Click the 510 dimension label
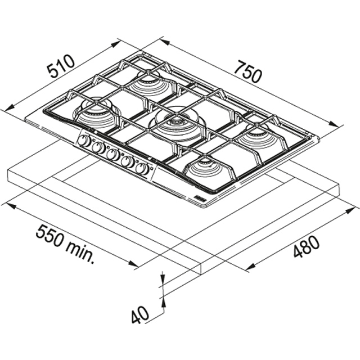pyautogui.click(x=61, y=66)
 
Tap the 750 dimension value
pyautogui.click(x=249, y=71)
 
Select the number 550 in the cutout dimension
pyautogui.click(x=50, y=236)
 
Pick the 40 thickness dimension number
pyautogui.click(x=140, y=314)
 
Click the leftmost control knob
pyautogui.click(x=84, y=141)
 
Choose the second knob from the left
pyautogui.click(x=98, y=147)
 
